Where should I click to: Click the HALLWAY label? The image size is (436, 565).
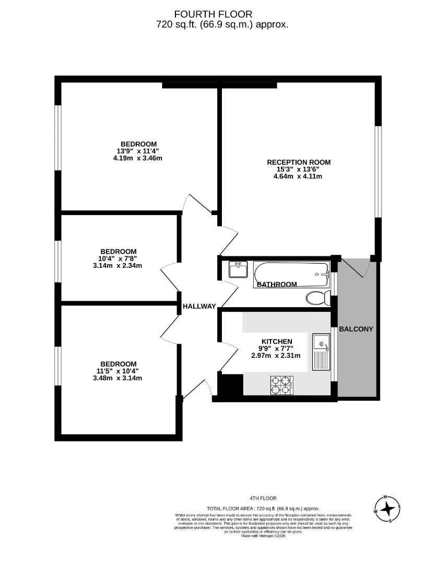tap(198, 307)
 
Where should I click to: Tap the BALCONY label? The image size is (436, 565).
tap(356, 329)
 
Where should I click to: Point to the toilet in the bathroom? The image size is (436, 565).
tap(317, 298)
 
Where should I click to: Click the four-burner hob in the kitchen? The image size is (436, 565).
tap(280, 385)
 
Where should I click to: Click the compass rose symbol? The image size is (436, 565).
tap(387, 508)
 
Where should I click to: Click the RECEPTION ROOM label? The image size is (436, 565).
tap(299, 162)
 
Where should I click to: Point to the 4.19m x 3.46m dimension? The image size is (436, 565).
tap(138, 158)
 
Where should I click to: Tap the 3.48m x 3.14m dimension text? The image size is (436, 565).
tap(117, 378)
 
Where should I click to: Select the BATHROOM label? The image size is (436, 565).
tap(277, 285)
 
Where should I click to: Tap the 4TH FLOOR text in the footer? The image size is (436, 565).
tap(263, 499)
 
